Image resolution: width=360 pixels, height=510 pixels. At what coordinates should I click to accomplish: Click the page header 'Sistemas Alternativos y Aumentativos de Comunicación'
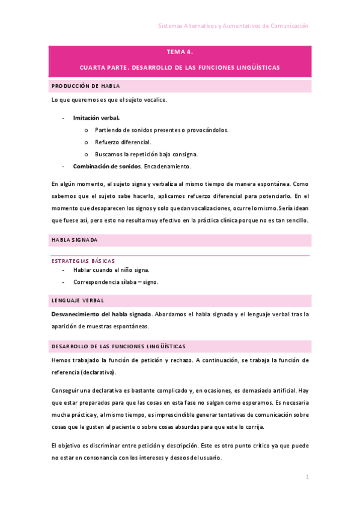(233, 26)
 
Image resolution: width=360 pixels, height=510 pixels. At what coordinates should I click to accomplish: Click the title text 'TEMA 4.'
(180, 52)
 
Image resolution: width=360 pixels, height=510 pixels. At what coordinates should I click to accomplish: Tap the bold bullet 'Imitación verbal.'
(96, 118)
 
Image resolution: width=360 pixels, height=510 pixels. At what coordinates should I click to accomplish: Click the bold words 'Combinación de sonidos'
(106, 166)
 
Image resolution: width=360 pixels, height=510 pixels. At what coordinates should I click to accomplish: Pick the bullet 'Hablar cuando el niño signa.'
(111, 270)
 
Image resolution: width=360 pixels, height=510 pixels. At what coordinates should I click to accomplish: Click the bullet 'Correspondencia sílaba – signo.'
(115, 281)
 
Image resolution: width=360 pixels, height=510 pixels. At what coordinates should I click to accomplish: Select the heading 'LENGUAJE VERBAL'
(78, 300)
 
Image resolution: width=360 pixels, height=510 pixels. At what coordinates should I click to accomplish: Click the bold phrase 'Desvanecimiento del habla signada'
(101, 314)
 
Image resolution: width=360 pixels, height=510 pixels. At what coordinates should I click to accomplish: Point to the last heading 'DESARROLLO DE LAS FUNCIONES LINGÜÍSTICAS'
(118, 346)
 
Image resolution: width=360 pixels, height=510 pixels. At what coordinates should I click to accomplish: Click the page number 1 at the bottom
(307, 478)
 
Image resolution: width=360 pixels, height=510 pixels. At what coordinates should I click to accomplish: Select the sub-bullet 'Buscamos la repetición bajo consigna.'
(138, 154)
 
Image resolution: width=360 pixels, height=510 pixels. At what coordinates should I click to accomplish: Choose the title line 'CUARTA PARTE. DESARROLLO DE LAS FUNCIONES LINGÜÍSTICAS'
(180, 67)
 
